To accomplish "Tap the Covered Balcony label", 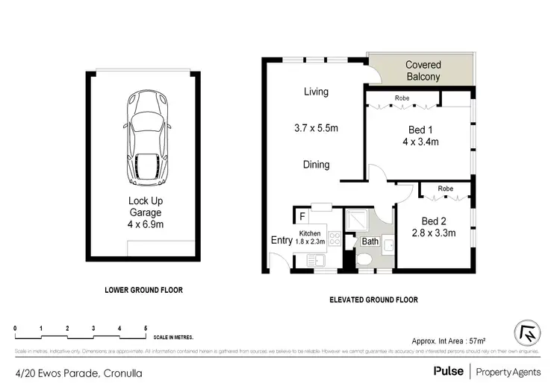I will point(423,71).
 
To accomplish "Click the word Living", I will point(316,92).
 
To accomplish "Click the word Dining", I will point(316,165).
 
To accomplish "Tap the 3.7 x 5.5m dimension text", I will point(316,128).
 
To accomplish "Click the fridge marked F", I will point(302,217).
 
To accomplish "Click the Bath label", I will point(370,241).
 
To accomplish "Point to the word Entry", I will point(281,240).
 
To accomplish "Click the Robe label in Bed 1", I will point(401,98).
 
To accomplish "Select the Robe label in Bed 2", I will point(446,189).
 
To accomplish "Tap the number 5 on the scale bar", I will point(145,328).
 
